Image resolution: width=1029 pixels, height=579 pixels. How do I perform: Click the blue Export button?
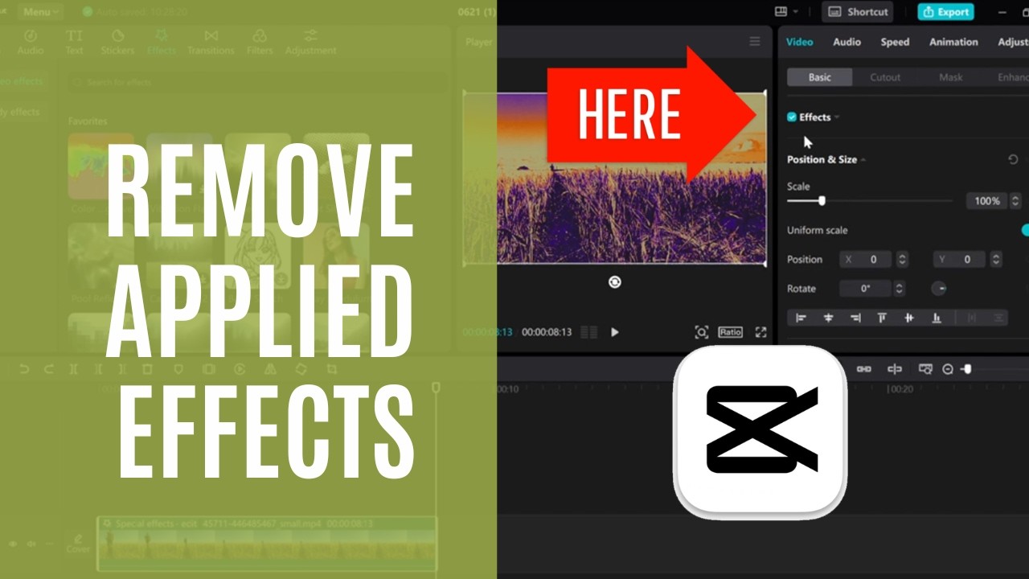945,12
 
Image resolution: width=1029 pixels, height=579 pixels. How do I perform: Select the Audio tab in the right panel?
847,42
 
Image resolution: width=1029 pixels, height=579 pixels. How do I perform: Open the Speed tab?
895,42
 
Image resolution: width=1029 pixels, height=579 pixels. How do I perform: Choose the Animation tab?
953,42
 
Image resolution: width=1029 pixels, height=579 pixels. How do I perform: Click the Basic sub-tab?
819,77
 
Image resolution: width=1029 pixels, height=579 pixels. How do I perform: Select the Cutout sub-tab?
885,77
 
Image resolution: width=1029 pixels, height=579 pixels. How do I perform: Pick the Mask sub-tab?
951,77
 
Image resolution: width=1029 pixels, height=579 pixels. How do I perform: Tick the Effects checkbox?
792,117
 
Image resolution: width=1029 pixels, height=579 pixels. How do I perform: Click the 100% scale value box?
987,201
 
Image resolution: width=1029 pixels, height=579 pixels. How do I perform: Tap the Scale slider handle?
822,201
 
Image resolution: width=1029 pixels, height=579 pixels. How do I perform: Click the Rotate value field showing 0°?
866,289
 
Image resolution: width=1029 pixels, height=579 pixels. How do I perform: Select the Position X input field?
867,260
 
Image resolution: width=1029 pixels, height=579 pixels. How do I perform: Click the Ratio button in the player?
730,332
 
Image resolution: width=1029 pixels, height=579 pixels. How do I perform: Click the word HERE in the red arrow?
629,114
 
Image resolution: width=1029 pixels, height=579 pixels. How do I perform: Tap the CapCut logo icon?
760,432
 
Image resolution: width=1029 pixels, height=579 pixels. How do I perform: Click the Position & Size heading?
822,160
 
